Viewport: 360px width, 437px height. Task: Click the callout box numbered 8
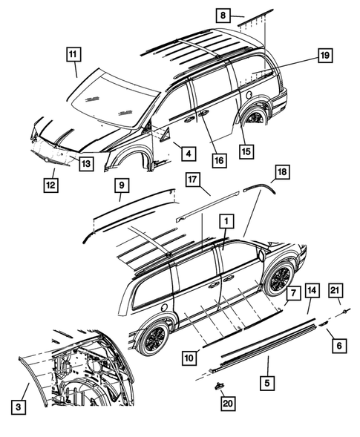223,14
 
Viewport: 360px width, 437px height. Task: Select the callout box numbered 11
72,54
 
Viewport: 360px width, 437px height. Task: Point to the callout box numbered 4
187,154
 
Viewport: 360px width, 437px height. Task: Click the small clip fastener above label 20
220,386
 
